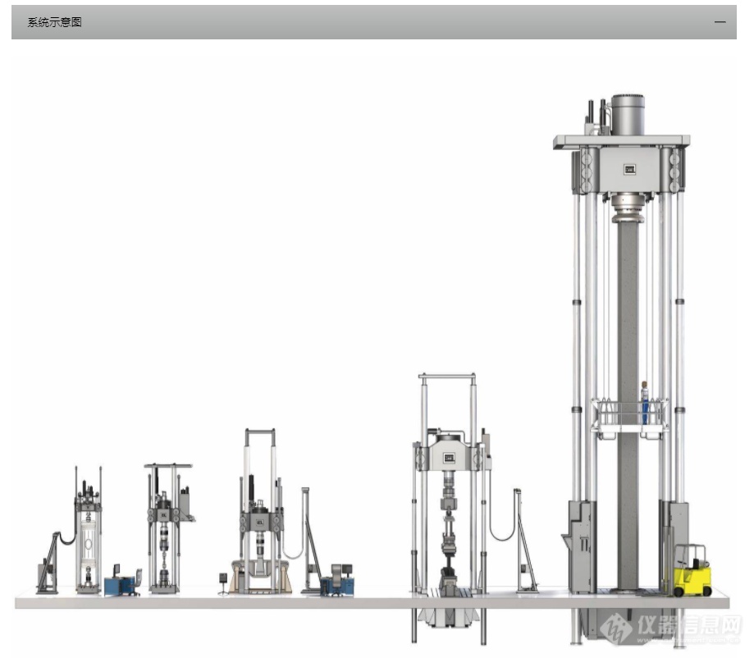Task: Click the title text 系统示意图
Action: point(54,22)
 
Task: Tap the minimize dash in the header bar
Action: point(720,22)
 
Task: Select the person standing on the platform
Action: point(644,403)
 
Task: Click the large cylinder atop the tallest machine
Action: point(628,115)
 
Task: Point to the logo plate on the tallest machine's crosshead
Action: point(629,169)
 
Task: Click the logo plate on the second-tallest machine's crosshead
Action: point(449,458)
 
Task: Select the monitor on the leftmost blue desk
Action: point(117,570)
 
